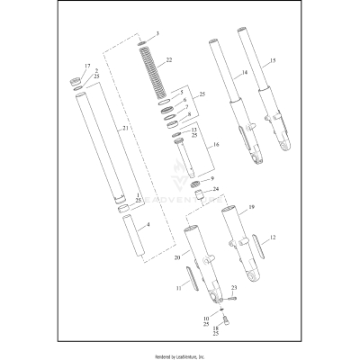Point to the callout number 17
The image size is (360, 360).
coord(87,67)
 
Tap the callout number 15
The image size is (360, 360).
coord(273,60)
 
